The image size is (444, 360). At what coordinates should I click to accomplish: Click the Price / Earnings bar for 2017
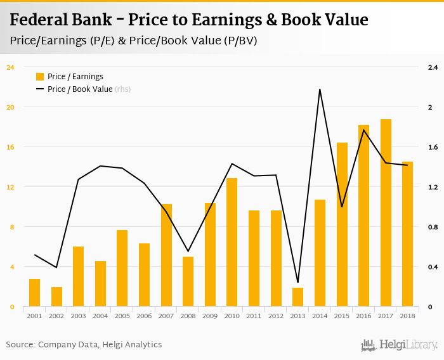tap(386, 213)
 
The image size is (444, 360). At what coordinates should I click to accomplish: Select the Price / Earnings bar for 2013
tap(298, 297)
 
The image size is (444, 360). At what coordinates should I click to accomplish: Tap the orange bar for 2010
tap(232, 243)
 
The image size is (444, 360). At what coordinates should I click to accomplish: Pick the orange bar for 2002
tap(56, 297)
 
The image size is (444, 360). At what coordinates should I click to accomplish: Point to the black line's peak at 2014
tap(320, 89)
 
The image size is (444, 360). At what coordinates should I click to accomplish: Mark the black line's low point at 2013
tap(298, 282)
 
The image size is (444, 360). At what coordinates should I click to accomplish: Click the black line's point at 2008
tap(188, 252)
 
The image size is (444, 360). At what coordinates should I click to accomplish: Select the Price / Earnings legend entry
tap(75, 77)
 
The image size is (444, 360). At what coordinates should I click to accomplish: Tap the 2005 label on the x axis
tap(122, 315)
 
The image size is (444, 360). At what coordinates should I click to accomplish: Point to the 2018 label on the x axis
tap(408, 315)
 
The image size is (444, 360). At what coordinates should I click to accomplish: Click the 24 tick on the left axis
tap(10, 67)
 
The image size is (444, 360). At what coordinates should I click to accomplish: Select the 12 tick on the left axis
tap(10, 187)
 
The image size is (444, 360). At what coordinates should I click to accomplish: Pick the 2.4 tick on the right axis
tap(433, 67)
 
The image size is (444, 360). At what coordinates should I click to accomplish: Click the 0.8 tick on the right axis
tap(433, 227)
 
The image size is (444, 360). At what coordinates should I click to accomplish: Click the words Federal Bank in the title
tap(56, 20)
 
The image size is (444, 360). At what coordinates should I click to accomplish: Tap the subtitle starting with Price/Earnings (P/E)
tap(137, 40)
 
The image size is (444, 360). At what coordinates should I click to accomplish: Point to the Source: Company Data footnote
tap(84, 345)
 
